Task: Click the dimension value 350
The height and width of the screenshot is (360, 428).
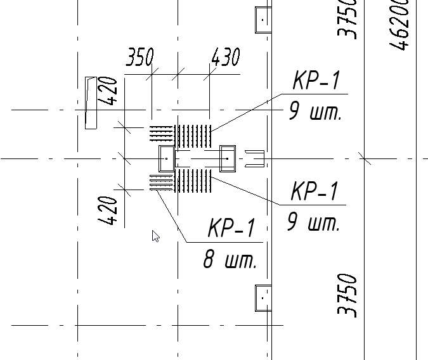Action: (139, 58)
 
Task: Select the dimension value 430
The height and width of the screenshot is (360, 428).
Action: (225, 58)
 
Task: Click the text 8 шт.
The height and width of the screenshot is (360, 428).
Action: (230, 260)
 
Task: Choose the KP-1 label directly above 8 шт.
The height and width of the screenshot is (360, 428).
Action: (231, 229)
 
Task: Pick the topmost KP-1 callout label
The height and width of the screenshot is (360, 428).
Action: (316, 81)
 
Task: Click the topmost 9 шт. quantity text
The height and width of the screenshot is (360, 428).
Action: (315, 113)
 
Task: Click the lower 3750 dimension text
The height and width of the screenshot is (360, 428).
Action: (347, 295)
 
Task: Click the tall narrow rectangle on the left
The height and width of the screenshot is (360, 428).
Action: (91, 103)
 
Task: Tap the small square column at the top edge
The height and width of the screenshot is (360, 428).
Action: (263, 20)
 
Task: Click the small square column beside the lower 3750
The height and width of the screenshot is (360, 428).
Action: (263, 297)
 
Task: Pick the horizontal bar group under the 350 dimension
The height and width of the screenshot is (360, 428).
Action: (161, 133)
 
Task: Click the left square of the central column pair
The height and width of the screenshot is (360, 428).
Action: (166, 158)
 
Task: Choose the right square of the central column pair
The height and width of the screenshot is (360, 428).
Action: (227, 158)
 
